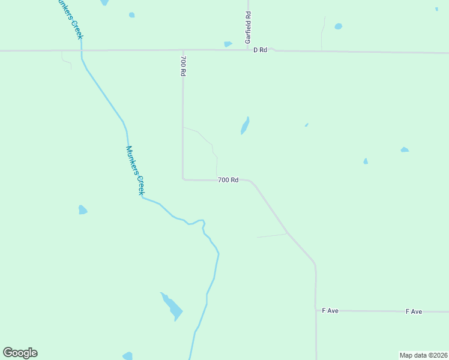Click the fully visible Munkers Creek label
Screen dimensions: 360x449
[x=135, y=170]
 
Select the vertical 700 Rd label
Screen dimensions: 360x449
[x=183, y=66]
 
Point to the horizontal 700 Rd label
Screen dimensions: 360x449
[x=228, y=180]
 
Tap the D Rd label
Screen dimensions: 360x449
[x=260, y=50]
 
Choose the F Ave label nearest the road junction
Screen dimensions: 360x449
[x=330, y=311]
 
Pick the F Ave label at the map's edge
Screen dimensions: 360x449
[x=414, y=311]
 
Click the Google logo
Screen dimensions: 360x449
[x=20, y=353]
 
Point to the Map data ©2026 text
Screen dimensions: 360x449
[x=423, y=355]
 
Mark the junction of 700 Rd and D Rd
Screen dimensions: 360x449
[x=183, y=50]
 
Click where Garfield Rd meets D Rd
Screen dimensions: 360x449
[x=247, y=50]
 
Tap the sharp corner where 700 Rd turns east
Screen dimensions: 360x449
[x=183, y=179]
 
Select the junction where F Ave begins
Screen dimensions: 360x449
[x=316, y=310]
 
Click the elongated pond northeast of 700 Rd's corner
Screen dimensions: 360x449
[x=245, y=126]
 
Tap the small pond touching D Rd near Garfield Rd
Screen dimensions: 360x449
[x=228, y=44]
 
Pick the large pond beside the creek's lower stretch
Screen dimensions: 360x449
[x=172, y=307]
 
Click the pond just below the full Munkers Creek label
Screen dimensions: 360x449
[x=82, y=209]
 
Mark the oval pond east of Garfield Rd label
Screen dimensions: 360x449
[x=339, y=26]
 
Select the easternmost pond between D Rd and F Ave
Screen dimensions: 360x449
[x=405, y=149]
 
